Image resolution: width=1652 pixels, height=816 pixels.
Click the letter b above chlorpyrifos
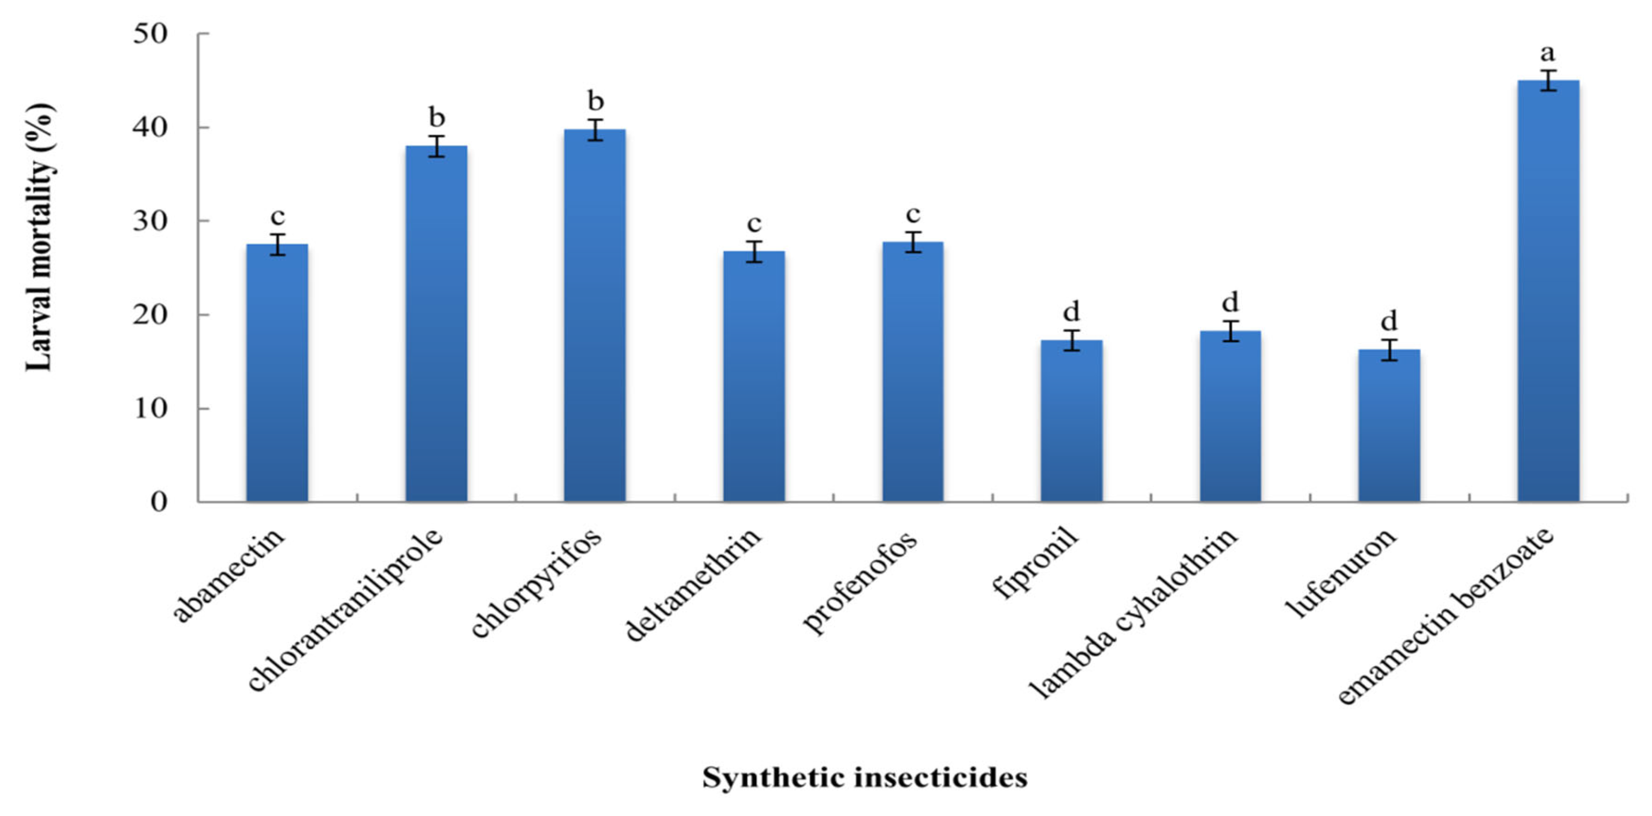pyautogui.click(x=596, y=101)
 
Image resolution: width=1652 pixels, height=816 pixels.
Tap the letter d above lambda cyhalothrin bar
pyautogui.click(x=1230, y=302)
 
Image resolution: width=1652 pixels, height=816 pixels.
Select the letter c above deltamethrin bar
pyautogui.click(x=754, y=224)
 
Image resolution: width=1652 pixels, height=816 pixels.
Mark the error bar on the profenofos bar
pyautogui.click(x=913, y=242)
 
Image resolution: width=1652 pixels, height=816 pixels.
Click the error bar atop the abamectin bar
pyautogui.click(x=277, y=244)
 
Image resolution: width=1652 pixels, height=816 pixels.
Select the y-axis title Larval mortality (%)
pyautogui.click(x=40, y=238)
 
